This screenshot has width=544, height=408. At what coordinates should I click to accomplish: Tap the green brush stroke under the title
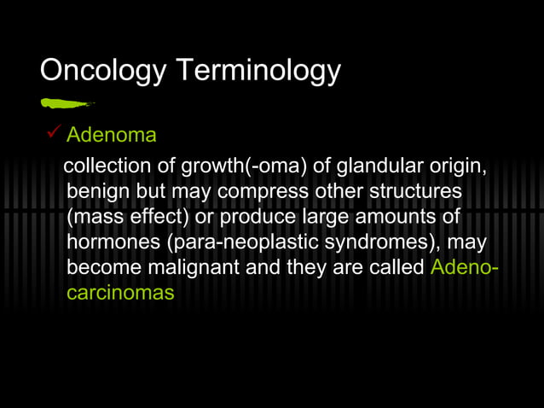point(67,103)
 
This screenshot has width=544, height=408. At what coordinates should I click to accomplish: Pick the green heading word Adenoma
point(112,136)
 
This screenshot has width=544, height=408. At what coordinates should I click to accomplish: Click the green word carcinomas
point(120,292)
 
